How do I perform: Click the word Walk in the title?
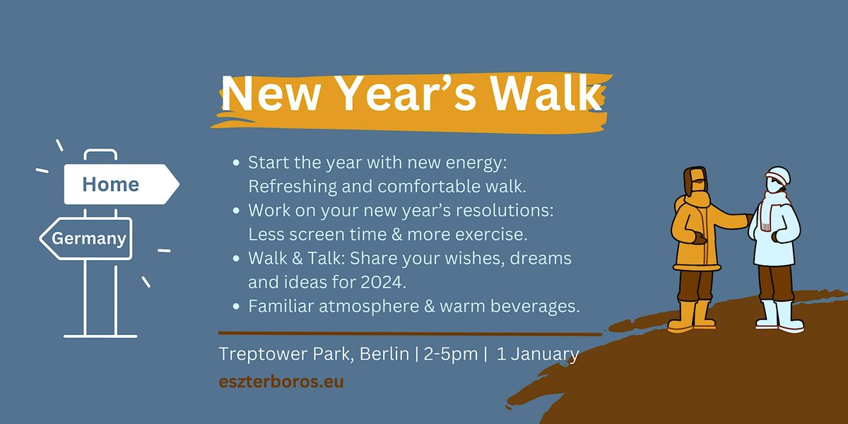point(546,93)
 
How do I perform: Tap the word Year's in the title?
point(407,93)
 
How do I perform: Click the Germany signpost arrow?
point(86,239)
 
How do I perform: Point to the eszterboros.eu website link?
point(281,381)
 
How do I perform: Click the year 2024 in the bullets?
point(382,282)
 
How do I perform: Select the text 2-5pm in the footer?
point(451,354)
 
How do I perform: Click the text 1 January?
point(538,354)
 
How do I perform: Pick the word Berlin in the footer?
point(384,354)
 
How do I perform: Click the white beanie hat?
point(779,176)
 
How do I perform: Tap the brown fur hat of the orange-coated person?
point(696,181)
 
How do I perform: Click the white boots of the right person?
point(780,317)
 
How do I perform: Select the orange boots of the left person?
point(692,316)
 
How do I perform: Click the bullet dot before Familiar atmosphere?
point(236,306)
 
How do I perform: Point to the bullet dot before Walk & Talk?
point(236,259)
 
